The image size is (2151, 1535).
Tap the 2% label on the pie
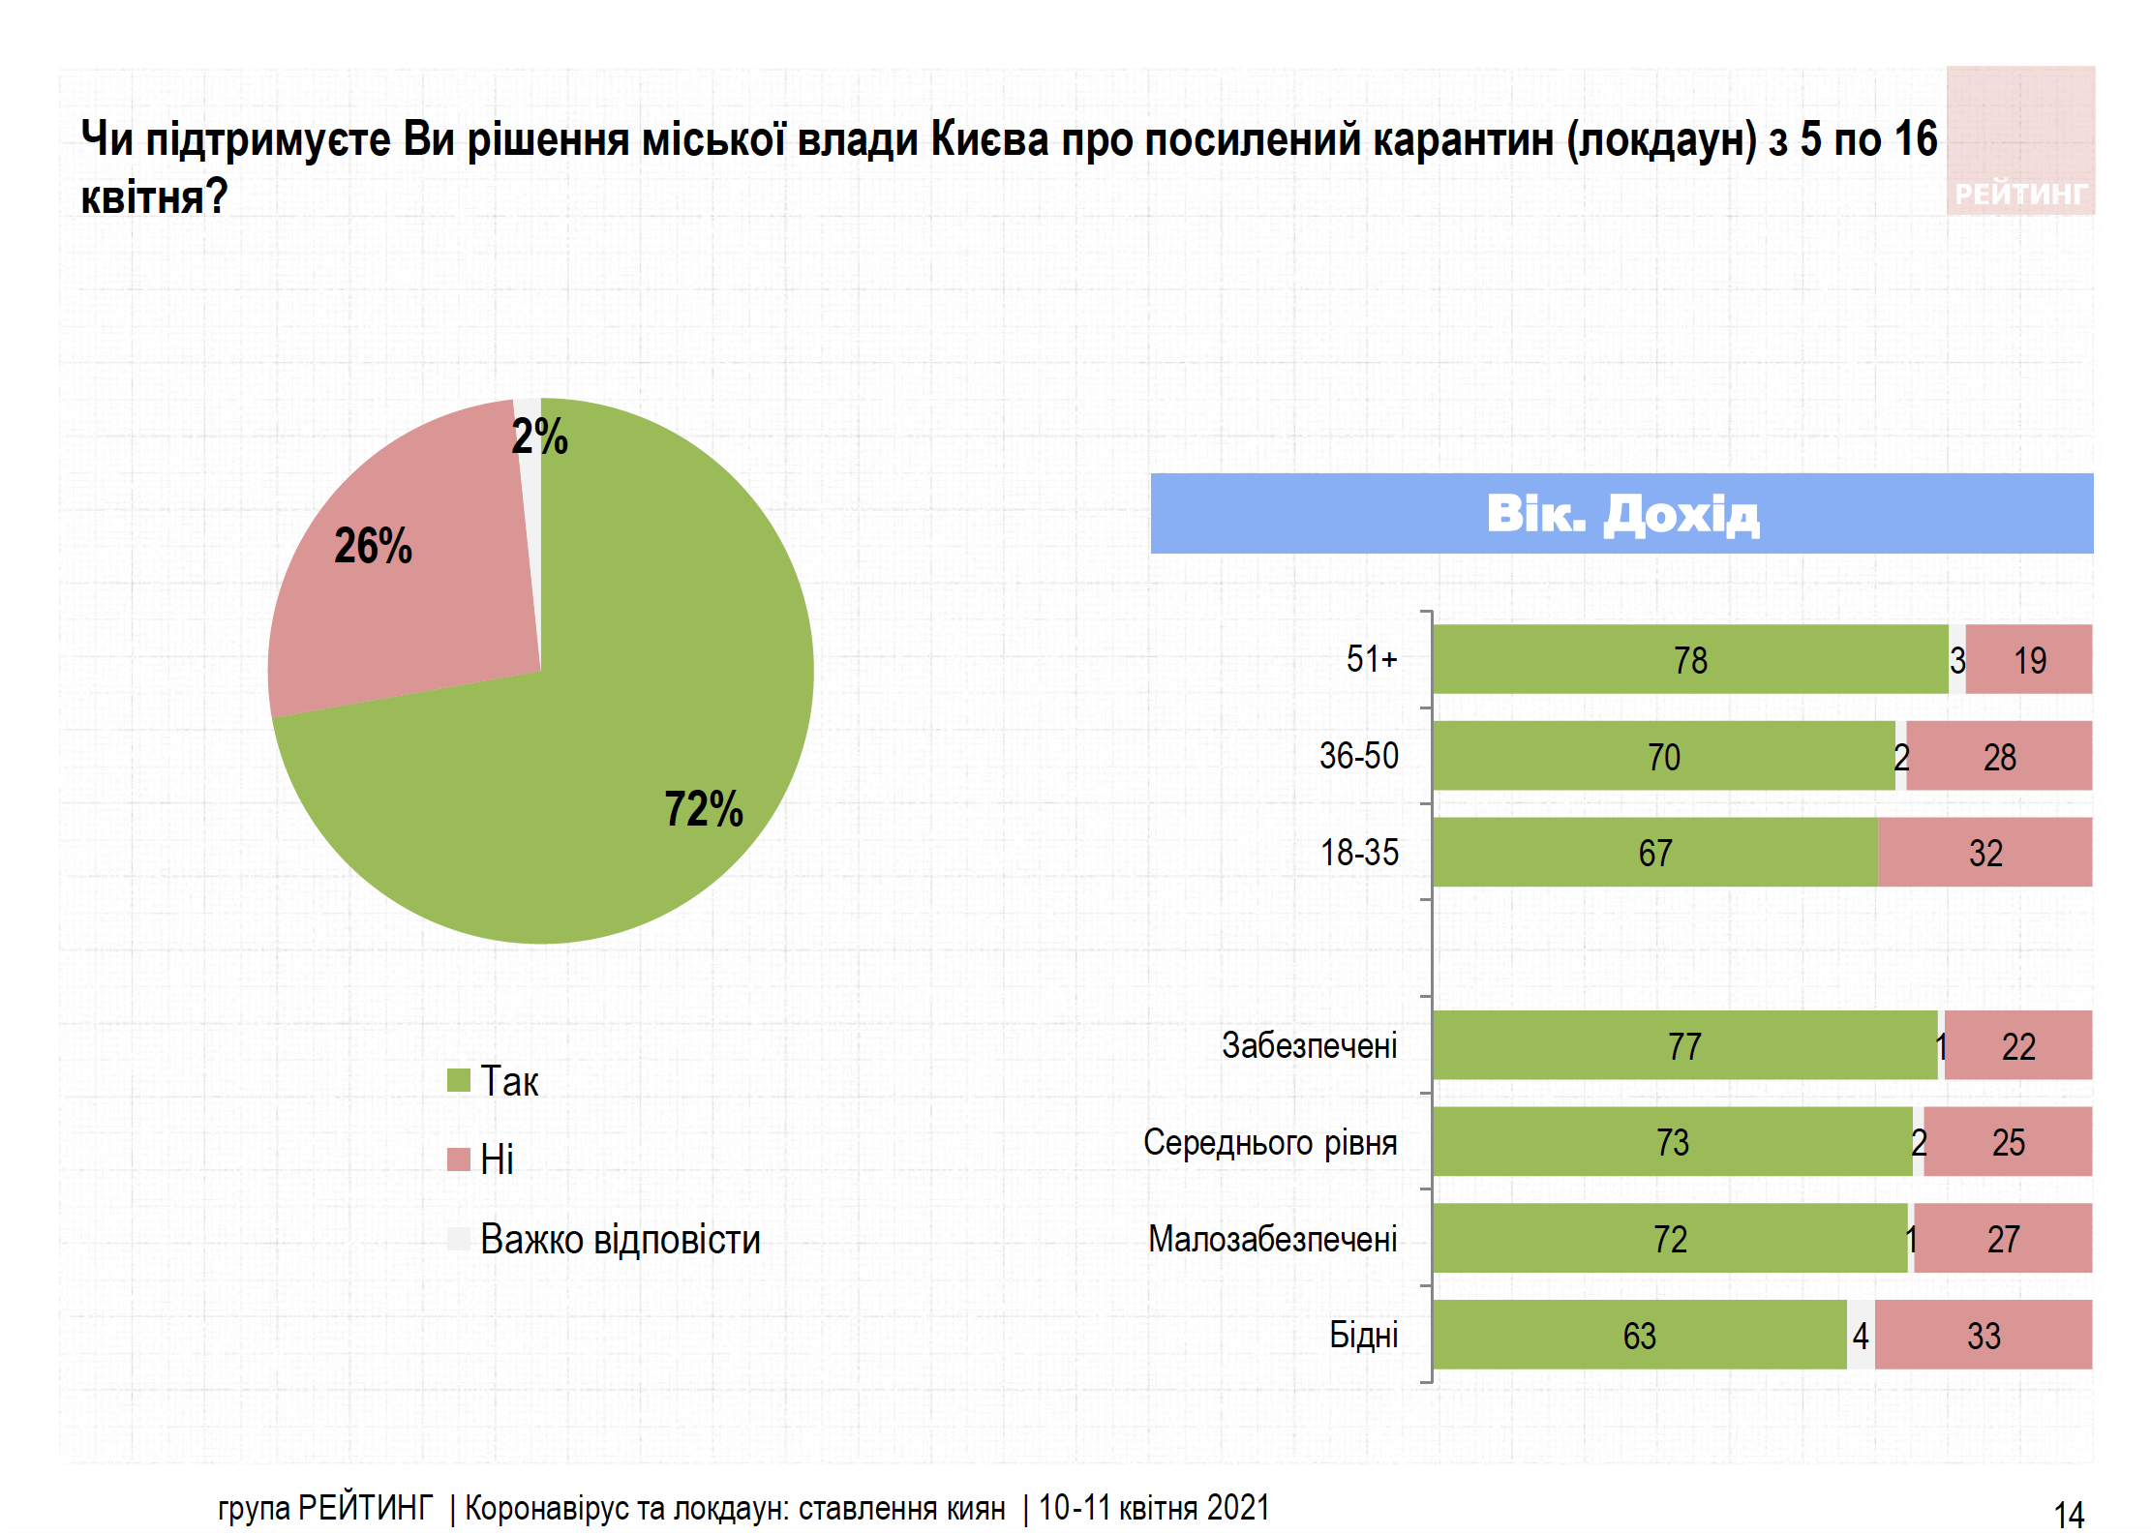539,436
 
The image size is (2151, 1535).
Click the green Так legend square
458,1079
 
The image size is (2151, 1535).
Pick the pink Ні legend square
458,1159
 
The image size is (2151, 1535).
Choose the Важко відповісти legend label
620,1239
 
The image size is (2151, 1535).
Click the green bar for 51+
1689,659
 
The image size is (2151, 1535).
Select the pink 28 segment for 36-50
1999,756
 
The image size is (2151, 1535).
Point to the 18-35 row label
1359,853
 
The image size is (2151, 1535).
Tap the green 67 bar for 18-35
1654,853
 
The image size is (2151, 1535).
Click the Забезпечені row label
1309,1045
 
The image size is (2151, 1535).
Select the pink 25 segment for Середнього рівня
2008,1142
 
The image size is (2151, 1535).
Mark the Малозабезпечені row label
1272,1239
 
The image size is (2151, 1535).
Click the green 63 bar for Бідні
1639,1336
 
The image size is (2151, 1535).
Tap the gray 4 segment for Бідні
1861,1336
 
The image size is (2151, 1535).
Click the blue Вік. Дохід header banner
1621,513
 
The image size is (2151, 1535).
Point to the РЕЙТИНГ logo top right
2020,141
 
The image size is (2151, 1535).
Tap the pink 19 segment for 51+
2029,659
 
